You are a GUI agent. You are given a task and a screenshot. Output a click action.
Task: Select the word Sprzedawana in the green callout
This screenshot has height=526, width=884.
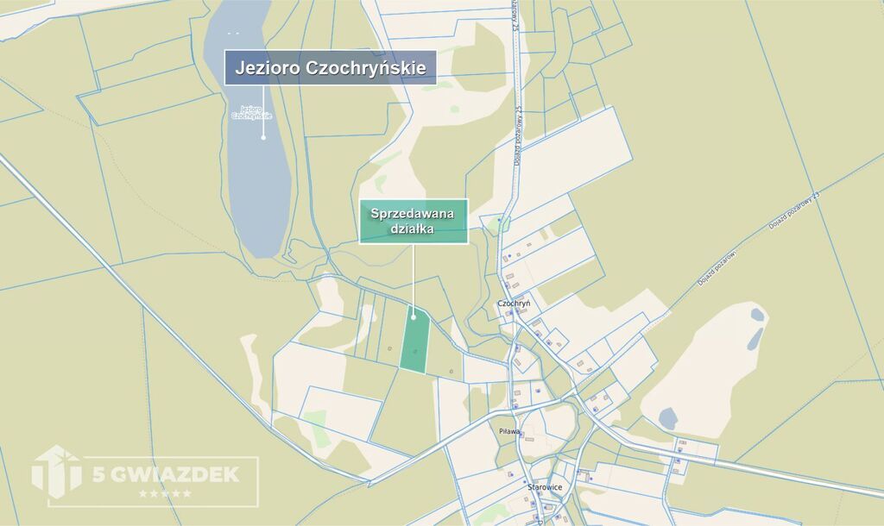click(414, 214)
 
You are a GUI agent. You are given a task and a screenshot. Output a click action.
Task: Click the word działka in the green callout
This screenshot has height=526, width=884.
click(414, 229)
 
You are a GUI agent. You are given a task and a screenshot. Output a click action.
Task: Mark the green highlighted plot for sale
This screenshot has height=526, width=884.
click(414, 344)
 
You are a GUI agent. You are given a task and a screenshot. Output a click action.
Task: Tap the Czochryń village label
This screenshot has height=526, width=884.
click(514, 304)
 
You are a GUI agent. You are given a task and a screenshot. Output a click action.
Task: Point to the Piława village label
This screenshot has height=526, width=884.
click(509, 430)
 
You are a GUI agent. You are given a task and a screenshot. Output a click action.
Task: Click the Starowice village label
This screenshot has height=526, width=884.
click(545, 486)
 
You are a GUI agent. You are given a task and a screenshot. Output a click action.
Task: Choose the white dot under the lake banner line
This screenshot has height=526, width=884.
click(263, 135)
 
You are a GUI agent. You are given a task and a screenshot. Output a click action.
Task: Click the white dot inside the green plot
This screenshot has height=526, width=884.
click(414, 316)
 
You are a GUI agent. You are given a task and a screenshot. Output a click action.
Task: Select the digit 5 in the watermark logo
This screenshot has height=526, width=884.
click(98, 473)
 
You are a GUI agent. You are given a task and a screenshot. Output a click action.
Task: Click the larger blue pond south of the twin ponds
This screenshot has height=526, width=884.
click(667, 418)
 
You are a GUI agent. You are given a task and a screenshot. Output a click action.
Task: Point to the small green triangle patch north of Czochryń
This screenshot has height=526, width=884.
click(502, 224)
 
